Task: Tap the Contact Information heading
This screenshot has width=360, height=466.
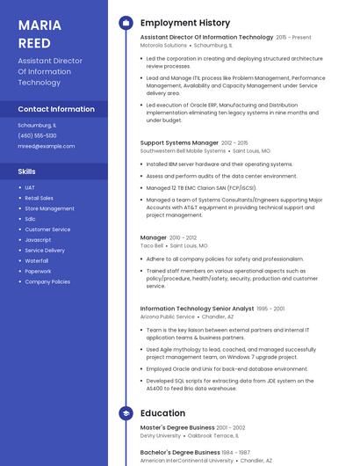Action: point(56,109)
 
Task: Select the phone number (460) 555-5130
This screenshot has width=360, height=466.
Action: point(37,135)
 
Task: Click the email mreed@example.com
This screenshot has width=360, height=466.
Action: point(46,146)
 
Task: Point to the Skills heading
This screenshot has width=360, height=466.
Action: point(26,171)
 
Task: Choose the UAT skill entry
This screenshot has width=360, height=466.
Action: point(30,187)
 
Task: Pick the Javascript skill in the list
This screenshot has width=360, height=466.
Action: point(38,240)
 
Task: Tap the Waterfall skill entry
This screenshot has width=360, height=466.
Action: point(37,261)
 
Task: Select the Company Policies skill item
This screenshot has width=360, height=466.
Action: point(47,282)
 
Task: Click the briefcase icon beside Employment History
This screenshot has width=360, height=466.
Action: point(126,23)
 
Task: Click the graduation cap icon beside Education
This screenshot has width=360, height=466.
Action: point(126,413)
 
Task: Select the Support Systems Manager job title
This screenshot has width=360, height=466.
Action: point(179,142)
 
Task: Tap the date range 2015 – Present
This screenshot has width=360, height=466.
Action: point(293,38)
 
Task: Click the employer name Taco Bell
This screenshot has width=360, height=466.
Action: point(151,246)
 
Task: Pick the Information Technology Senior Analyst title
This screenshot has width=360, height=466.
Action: point(197,309)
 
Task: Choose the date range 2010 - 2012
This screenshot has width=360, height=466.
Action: point(184,237)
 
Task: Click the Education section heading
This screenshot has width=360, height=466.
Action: point(162,413)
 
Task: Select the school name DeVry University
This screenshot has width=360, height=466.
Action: point(161,435)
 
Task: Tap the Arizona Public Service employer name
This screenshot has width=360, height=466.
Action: point(168,317)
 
